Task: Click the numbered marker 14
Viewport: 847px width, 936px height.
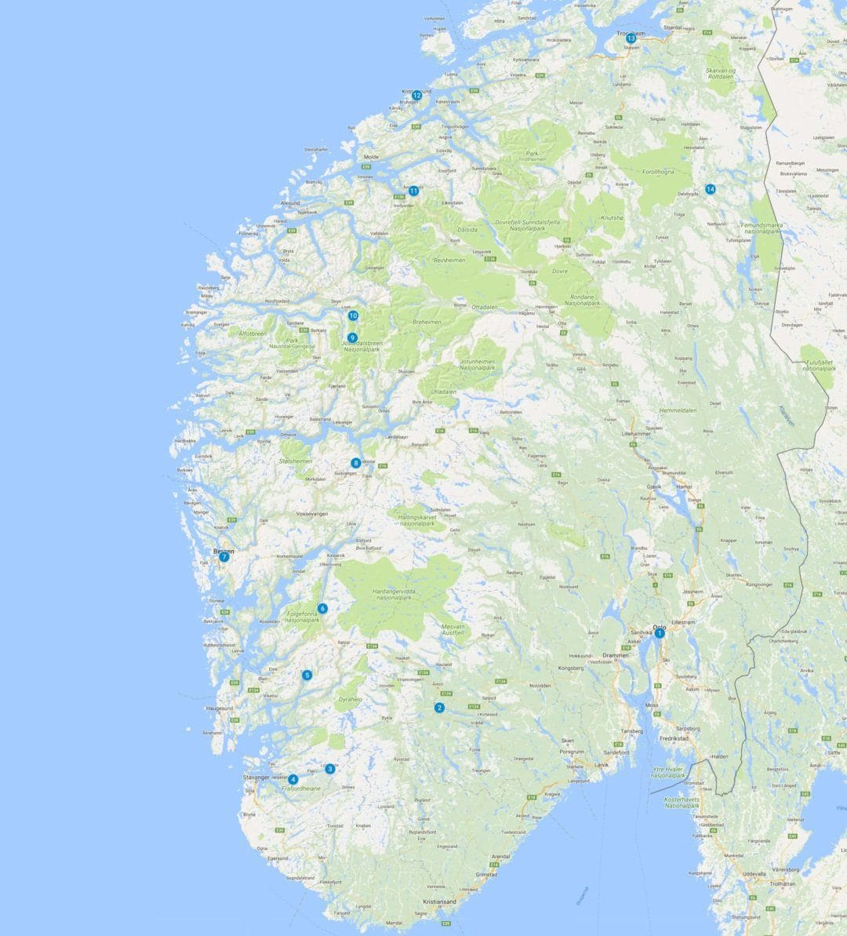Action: (710, 189)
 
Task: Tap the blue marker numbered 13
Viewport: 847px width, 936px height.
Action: (631, 38)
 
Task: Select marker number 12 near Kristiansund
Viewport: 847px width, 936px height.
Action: (417, 96)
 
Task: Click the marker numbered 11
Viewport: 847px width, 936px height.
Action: (413, 190)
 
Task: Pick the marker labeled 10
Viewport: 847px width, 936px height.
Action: (353, 315)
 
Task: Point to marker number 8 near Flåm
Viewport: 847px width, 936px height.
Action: (356, 463)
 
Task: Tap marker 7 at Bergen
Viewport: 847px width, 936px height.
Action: (224, 557)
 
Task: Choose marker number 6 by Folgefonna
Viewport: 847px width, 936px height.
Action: (322, 608)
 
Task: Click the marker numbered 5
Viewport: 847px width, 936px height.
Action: (307, 675)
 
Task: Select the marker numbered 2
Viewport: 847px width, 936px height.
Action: (439, 708)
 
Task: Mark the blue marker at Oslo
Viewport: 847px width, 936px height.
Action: (660, 633)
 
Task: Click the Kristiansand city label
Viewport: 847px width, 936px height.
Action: (439, 902)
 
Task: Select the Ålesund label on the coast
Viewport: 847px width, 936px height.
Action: (290, 203)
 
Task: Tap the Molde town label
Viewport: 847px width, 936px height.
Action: (371, 157)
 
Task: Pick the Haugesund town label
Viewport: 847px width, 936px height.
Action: (220, 708)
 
